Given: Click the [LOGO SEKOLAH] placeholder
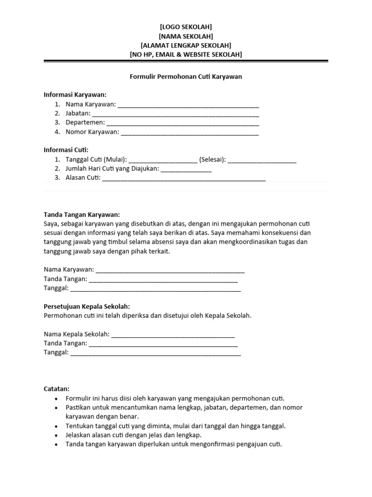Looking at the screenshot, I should [186, 27].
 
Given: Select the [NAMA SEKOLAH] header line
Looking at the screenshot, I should [186, 36].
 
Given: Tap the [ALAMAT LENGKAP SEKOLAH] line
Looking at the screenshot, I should [186, 45].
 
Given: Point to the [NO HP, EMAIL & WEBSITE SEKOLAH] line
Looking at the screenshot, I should [186, 54].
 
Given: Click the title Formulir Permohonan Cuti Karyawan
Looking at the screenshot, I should [186, 76].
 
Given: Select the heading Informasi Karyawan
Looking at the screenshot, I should [75, 95].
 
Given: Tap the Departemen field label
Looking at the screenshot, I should [85, 122].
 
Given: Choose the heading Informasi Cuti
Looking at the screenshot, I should [66, 150].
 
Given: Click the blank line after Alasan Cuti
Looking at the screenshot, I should [184, 179].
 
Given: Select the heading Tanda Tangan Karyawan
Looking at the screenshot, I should [81, 215].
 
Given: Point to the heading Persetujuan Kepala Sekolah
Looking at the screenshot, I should [87, 307].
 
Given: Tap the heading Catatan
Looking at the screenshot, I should [57, 389].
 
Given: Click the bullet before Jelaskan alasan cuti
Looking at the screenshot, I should [57, 435].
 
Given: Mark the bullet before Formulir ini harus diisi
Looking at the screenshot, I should [57, 398].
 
